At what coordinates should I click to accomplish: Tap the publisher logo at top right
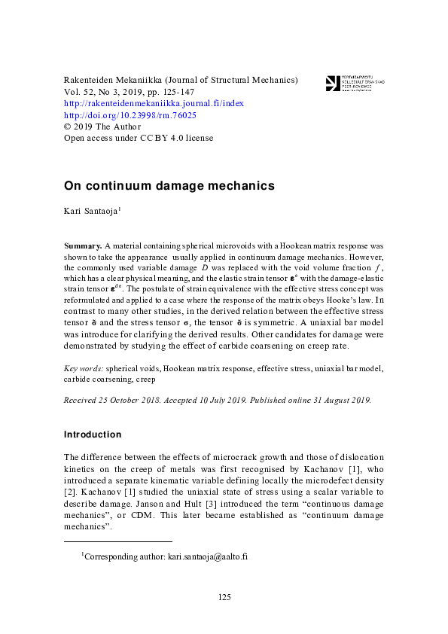click(x=355, y=83)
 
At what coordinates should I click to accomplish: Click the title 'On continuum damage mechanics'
click(x=169, y=185)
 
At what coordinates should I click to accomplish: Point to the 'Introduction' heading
click(x=93, y=434)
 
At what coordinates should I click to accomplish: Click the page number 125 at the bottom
click(x=224, y=597)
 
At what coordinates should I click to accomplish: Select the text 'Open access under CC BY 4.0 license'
click(x=139, y=138)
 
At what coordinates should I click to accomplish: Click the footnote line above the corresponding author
click(x=118, y=541)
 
